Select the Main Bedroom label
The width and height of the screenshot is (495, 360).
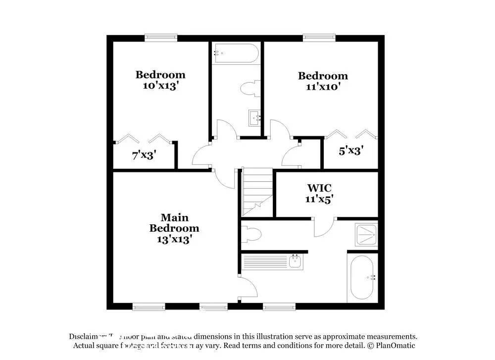(174, 223)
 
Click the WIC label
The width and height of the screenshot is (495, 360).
(319, 188)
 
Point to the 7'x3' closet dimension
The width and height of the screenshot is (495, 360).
(145, 154)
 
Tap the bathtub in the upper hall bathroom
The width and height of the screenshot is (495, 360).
(235, 53)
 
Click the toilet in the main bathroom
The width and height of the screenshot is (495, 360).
(250, 234)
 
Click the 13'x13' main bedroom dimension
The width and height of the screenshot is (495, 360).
(174, 239)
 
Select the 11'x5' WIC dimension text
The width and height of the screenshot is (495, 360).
(319, 199)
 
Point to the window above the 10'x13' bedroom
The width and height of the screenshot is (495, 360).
(161, 37)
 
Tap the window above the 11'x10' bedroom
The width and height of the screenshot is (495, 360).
(319, 37)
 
